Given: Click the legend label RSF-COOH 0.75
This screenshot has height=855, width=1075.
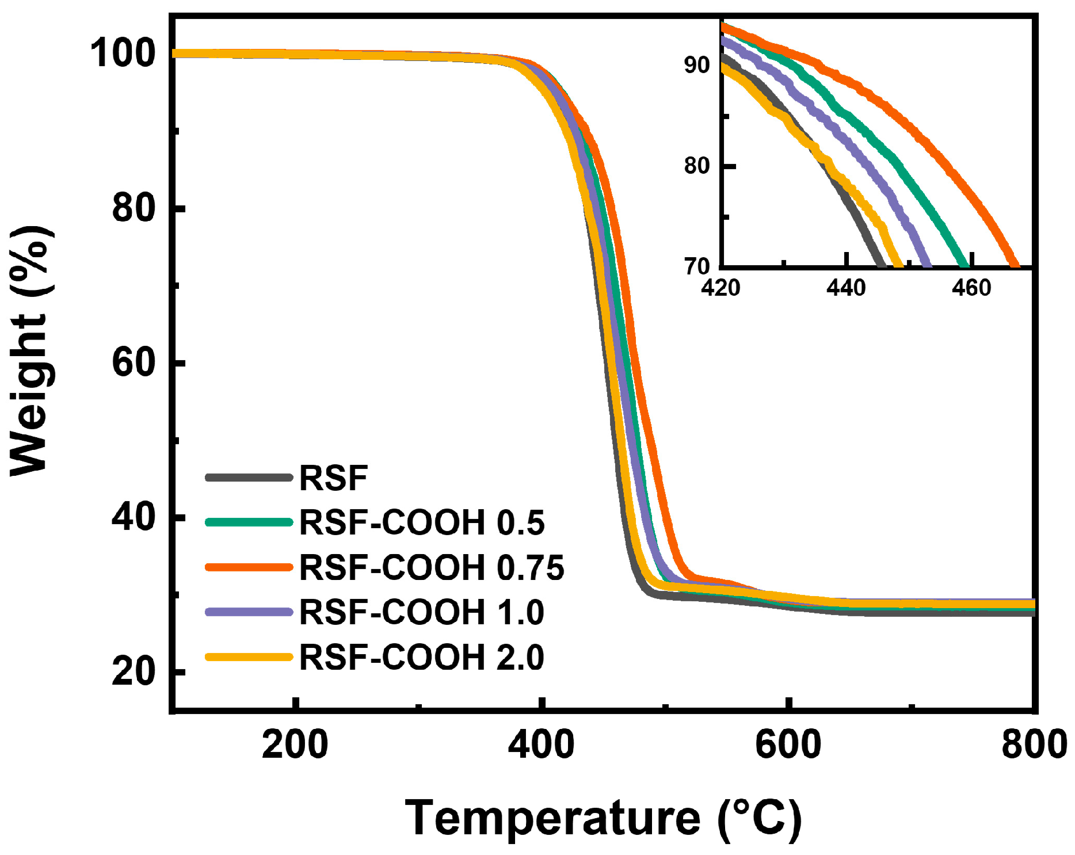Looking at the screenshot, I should pyautogui.click(x=432, y=567).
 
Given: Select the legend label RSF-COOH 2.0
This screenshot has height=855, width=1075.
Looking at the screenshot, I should pyautogui.click(x=421, y=657).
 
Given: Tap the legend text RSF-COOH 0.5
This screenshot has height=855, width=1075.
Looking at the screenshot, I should pyautogui.click(x=421, y=522).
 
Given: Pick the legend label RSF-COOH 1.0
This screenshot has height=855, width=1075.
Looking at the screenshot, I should pyautogui.click(x=421, y=612).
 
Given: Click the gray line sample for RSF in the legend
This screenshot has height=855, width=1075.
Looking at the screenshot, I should pyautogui.click(x=249, y=478).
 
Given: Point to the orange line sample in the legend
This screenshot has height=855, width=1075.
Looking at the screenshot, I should pyautogui.click(x=249, y=567).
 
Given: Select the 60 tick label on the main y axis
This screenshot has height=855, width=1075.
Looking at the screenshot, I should pyautogui.click(x=134, y=362).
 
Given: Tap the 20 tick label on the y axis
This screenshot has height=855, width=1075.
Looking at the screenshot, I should pyautogui.click(x=134, y=671).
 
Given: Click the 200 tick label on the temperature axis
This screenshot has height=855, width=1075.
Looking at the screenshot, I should pyautogui.click(x=295, y=745).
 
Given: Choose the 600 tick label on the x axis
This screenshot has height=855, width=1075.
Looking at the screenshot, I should pyautogui.click(x=788, y=745).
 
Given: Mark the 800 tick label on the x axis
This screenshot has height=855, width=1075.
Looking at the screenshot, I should pyautogui.click(x=1034, y=745).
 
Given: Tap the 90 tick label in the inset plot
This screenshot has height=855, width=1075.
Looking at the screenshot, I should pyautogui.click(x=697, y=65).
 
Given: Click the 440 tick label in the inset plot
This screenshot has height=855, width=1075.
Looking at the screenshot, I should pyautogui.click(x=846, y=287).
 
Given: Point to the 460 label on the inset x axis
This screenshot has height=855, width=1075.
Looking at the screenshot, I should pyautogui.click(x=971, y=287).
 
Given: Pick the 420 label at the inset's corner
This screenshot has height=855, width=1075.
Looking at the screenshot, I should pyautogui.click(x=721, y=287).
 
